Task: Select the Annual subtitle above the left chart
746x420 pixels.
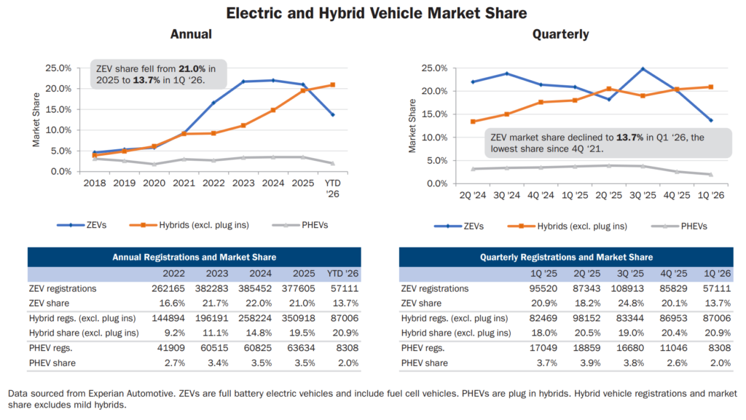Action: click(191, 34)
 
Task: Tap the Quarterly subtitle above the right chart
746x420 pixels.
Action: click(560, 34)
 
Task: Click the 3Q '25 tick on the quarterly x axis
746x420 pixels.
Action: click(643, 196)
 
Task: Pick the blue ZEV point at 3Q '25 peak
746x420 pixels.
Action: click(643, 69)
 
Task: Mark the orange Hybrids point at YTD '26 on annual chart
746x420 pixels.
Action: click(333, 84)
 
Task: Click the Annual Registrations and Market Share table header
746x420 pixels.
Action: click(194, 257)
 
